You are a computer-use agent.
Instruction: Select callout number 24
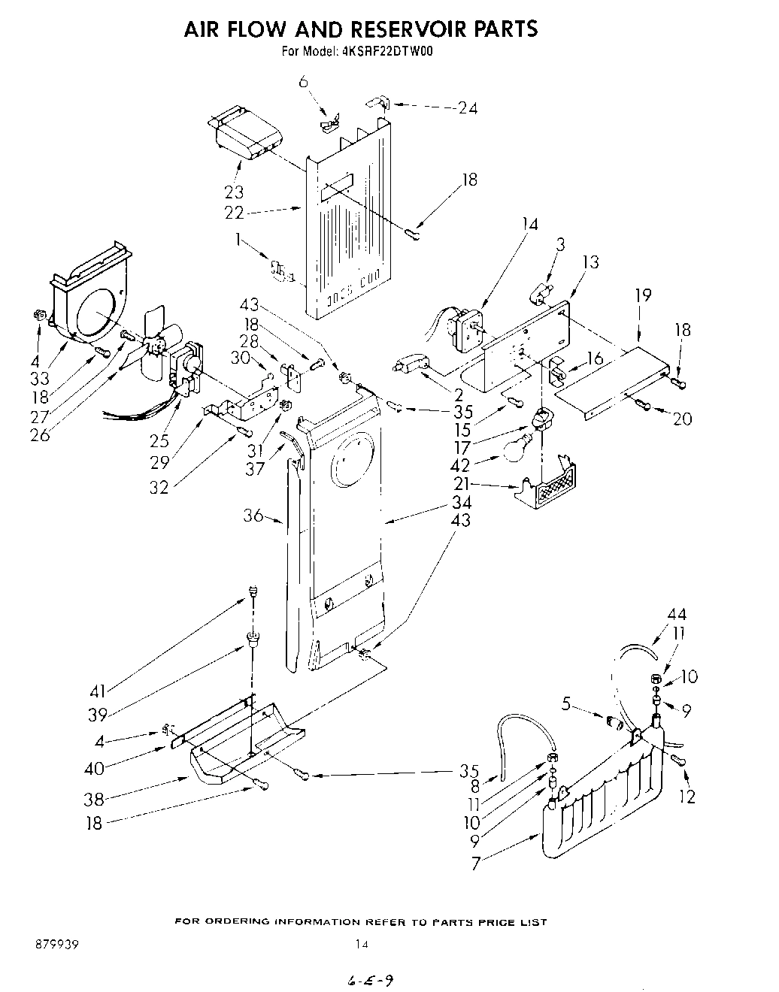click(467, 108)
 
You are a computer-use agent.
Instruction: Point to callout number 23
click(235, 192)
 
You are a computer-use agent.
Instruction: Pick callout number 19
click(642, 295)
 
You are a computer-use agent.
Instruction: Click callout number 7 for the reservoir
click(475, 864)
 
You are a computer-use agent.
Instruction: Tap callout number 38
click(95, 800)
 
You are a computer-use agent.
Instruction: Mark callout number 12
click(687, 797)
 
